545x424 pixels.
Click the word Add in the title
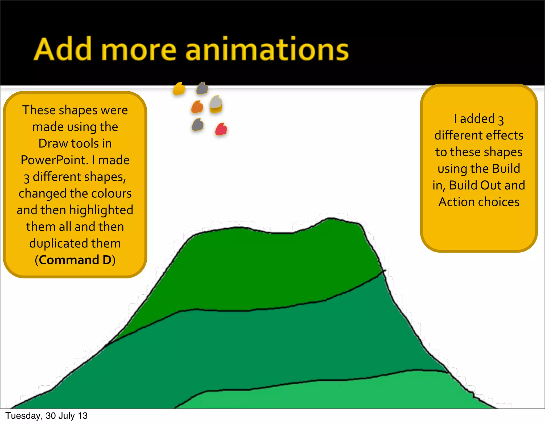pos(63,49)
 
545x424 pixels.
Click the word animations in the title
pos(267,49)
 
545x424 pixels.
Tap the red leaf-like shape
pos(221,129)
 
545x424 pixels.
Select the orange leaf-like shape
pos(197,107)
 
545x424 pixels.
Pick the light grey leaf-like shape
pos(216,102)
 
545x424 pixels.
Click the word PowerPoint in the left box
pos(54,160)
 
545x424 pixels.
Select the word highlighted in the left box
pos(101,210)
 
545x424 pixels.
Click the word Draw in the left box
pos(53,143)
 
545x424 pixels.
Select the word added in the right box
pos(477,119)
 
